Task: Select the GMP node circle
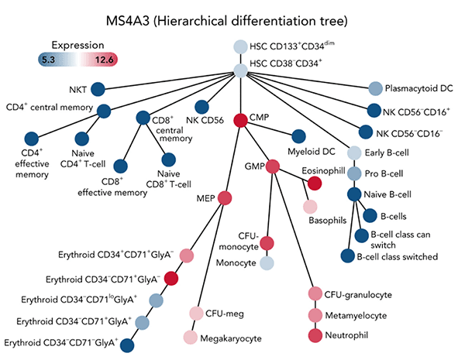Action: click(x=273, y=166)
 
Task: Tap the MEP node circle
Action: click(x=225, y=198)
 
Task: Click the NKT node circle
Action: click(x=99, y=89)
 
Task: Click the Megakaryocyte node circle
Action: click(x=190, y=338)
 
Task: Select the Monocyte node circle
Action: click(x=267, y=263)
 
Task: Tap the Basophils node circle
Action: click(x=310, y=207)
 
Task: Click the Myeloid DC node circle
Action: click(x=298, y=135)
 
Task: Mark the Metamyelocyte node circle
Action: click(x=315, y=314)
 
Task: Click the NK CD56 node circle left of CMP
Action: click(x=203, y=108)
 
